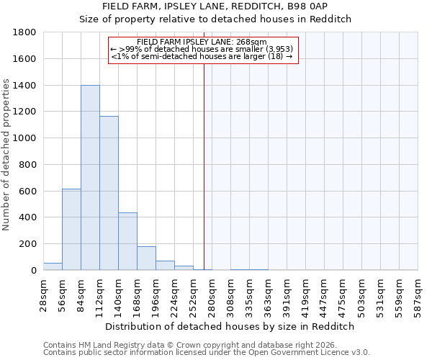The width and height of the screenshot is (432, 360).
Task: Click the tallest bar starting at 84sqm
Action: click(90, 178)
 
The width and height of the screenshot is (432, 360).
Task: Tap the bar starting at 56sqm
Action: click(71, 229)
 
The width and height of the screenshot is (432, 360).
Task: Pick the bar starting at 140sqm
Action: click(127, 241)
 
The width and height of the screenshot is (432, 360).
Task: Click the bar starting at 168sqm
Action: click(146, 258)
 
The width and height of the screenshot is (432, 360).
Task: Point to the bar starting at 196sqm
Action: click(165, 265)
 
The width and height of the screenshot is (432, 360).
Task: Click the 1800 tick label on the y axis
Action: click(25, 32)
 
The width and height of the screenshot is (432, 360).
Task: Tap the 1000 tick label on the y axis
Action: click(25, 138)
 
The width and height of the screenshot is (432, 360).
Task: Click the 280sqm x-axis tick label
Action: click(212, 294)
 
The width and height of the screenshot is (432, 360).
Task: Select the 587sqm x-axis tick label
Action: click(418, 294)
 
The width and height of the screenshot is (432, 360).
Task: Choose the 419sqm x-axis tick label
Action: click(306, 294)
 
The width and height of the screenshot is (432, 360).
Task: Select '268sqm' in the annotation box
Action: click(253, 42)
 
